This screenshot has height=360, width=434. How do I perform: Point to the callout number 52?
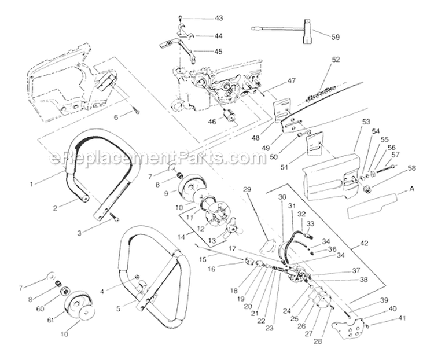pyautogui.click(x=336, y=59)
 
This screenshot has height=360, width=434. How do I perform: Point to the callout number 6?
pyautogui.click(x=116, y=117)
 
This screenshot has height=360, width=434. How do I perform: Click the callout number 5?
pyautogui.click(x=119, y=308)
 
